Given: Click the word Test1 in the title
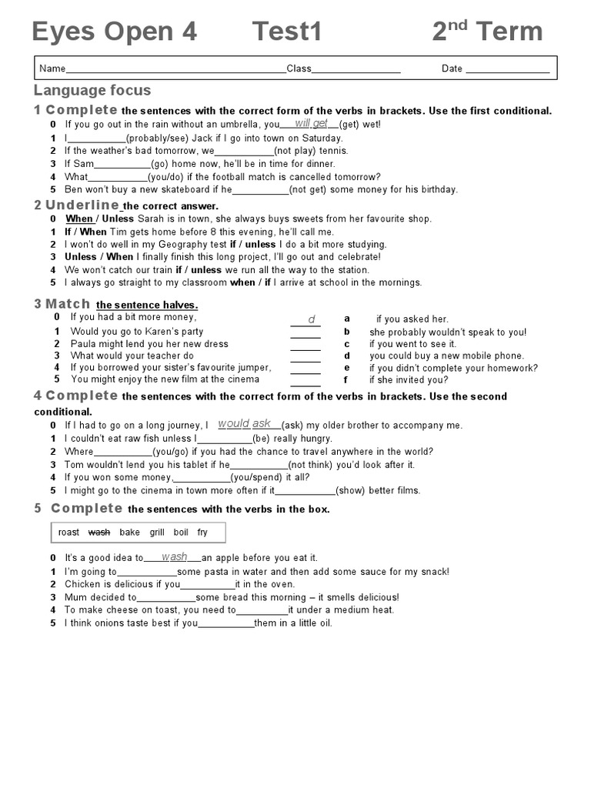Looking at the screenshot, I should coord(287,32).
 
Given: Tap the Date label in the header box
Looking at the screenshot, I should coord(452,68).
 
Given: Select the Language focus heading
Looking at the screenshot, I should coord(92,91).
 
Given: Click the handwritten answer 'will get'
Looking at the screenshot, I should coord(311,123).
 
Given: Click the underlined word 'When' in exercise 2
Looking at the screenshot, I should coord(78,219).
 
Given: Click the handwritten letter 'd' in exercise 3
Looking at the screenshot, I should coord(312,319).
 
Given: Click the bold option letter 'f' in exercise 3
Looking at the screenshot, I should coord(346,379).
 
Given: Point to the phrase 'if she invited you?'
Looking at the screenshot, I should coord(408,380).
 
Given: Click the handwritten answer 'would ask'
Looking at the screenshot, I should coord(245,423).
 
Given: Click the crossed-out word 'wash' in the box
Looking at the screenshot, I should coord(99,532).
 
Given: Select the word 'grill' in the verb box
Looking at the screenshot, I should coord(157,532).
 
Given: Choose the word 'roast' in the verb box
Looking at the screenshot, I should coord(68,532).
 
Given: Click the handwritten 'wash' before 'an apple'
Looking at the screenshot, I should coord(174,556).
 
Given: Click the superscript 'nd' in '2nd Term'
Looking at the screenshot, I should coord(458,25).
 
